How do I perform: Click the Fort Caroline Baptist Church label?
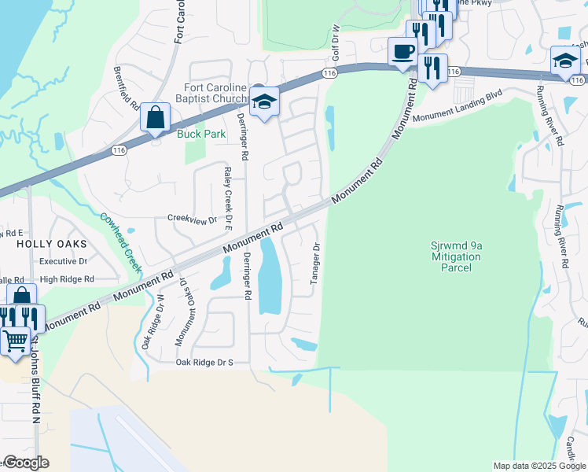pos(215,94)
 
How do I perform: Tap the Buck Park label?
pos(201,134)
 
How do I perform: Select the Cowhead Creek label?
pos(120,241)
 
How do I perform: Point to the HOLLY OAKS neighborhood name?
pos(50,245)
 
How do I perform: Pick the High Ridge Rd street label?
pos(66,279)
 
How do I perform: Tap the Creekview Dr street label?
pos(191,219)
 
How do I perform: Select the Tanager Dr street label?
pos(316,264)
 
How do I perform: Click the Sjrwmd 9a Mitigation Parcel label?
pos(451,256)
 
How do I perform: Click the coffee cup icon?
pos(403,52)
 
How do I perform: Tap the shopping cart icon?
pos(16,341)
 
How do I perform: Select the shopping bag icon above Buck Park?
pos(156,117)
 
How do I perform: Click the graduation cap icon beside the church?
pos(265,101)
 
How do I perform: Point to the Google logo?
pos(25,463)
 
